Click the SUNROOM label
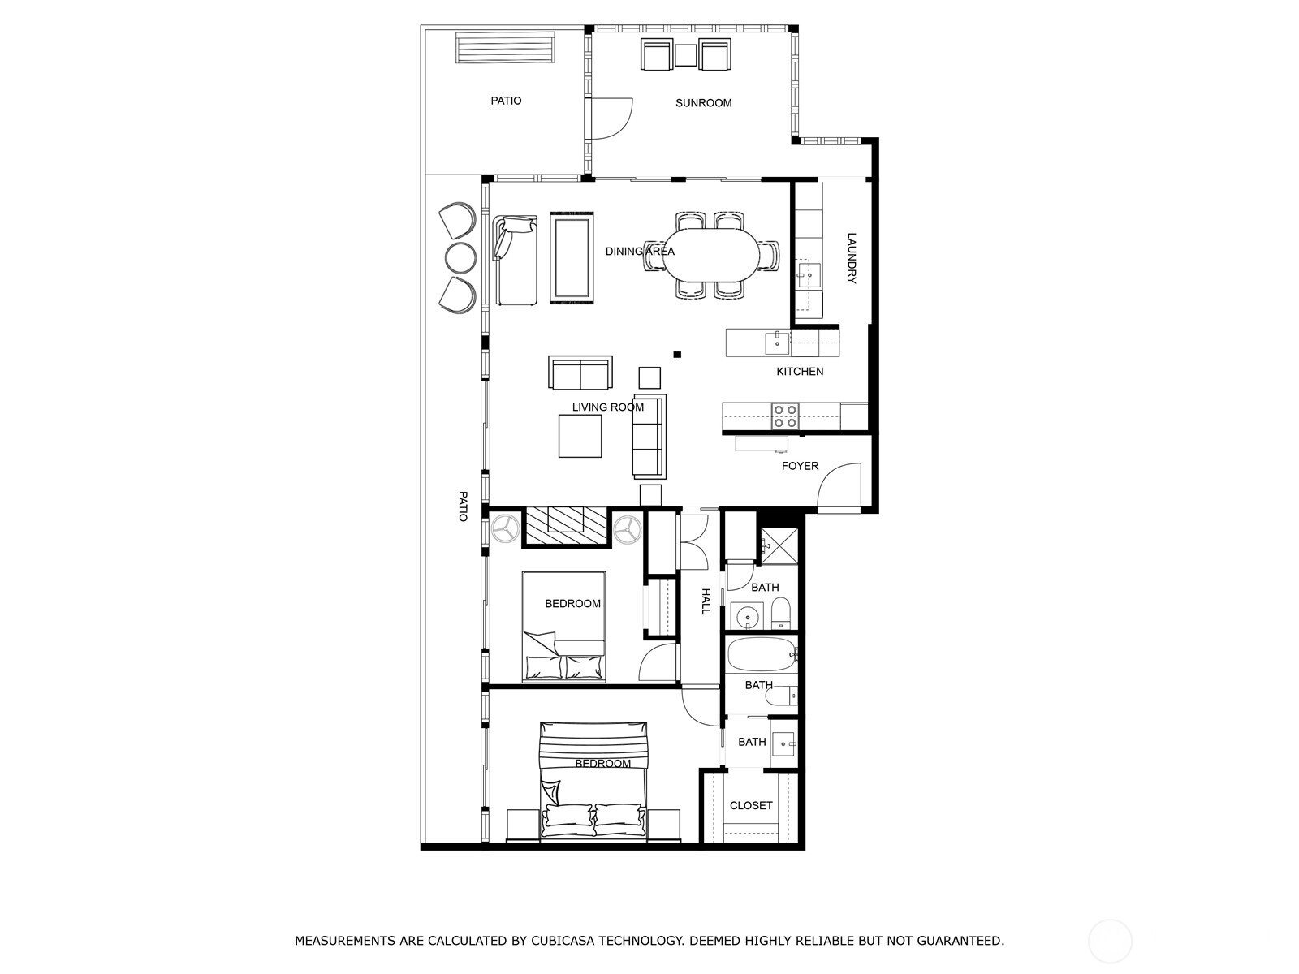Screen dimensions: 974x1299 [x=703, y=103]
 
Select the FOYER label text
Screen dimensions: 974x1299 [x=800, y=466]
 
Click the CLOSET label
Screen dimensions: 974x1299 [x=751, y=805]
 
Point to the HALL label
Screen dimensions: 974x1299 [x=706, y=601]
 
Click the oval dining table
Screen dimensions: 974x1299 [x=711, y=256]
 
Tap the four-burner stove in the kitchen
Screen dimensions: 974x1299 [x=785, y=416]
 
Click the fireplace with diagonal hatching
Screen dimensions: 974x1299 [x=566, y=524]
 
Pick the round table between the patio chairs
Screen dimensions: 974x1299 [x=460, y=256]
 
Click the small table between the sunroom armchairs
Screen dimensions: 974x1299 [x=686, y=55]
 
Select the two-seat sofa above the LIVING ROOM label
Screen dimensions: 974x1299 [x=580, y=373]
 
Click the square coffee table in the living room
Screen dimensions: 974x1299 [x=580, y=436]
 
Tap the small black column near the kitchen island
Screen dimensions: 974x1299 [x=677, y=354]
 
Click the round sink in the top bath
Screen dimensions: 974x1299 [x=747, y=616]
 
